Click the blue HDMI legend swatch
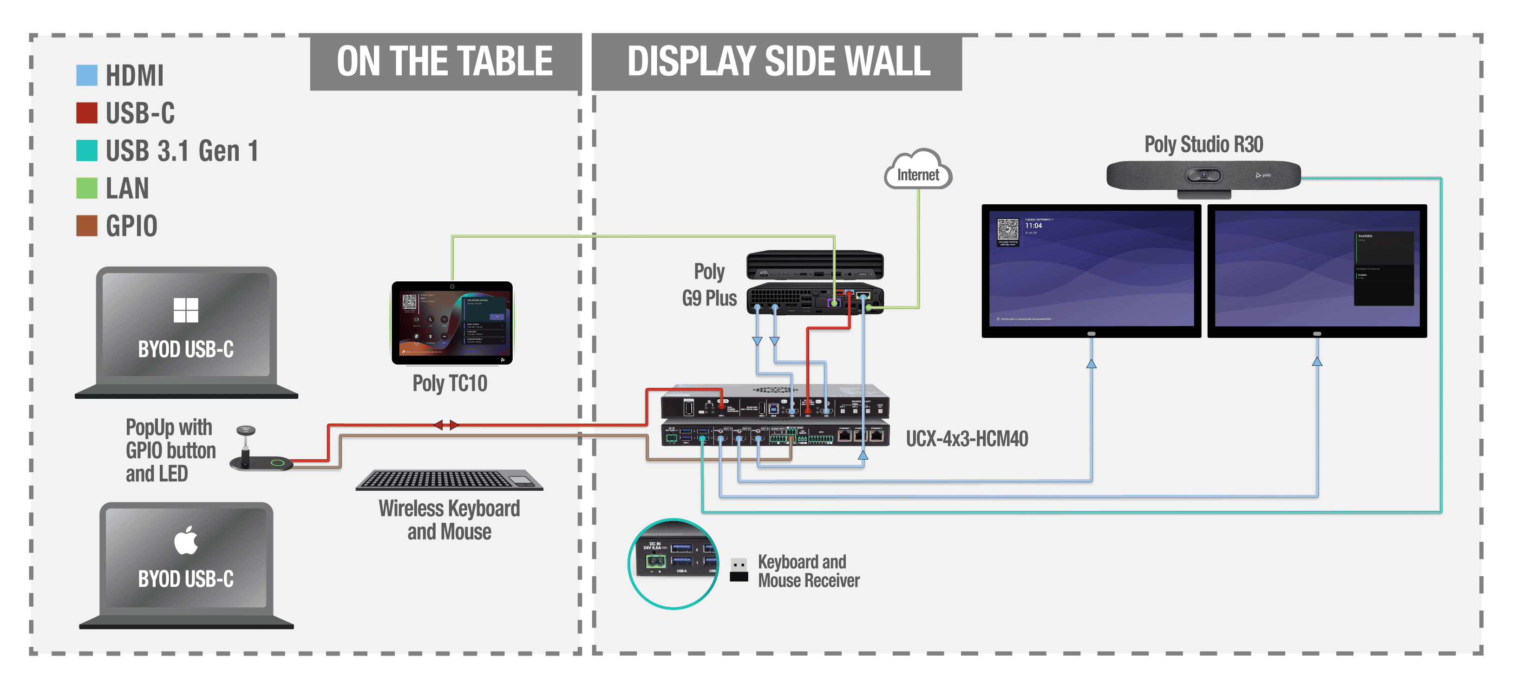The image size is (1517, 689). tap(86, 75)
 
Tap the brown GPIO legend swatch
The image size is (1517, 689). tap(86, 226)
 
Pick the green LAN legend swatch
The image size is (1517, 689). tap(86, 188)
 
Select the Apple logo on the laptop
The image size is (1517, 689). tap(186, 540)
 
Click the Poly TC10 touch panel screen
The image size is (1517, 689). tap(452, 323)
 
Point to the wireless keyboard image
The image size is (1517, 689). tap(449, 480)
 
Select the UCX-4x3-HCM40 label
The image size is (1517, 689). tap(967, 439)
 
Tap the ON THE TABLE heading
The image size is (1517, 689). tap(445, 62)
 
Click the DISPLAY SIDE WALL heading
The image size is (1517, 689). tap(778, 62)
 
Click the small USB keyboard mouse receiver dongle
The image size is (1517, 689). tap(739, 570)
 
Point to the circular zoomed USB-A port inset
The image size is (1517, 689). tap(673, 564)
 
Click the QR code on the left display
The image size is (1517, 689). tap(1007, 230)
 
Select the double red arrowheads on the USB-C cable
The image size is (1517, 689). tap(446, 424)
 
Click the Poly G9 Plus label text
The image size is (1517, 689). tap(709, 285)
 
